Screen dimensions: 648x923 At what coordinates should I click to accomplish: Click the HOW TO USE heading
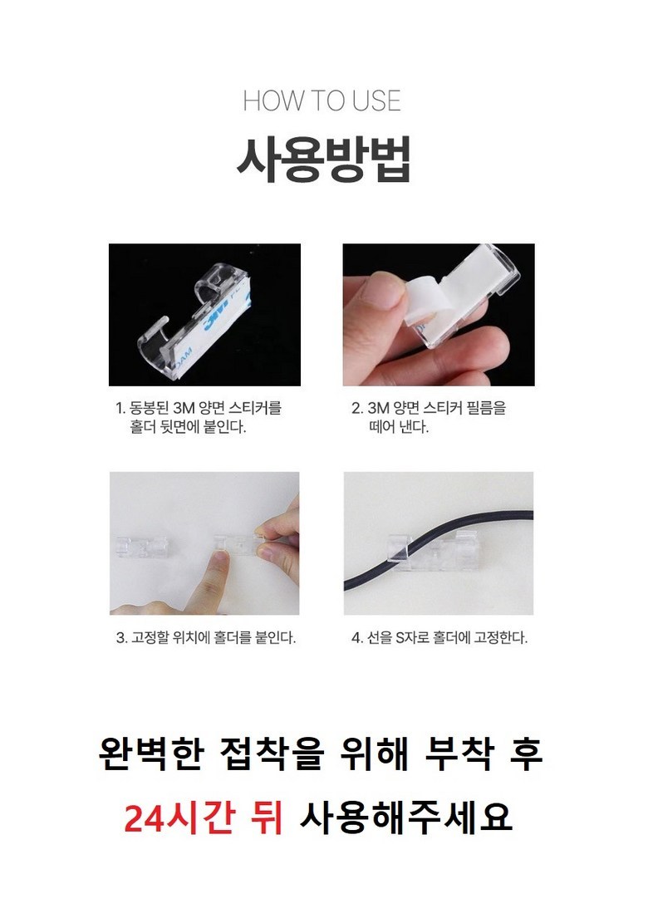322,101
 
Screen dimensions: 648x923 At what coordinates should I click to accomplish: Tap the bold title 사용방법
322,160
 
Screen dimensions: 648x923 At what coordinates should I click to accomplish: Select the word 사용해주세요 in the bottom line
406,817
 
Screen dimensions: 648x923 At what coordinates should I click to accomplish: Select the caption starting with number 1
199,417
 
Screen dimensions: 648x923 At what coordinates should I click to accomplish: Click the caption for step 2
429,417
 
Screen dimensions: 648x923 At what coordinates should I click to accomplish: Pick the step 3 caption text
205,637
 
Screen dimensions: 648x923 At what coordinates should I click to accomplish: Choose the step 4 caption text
439,637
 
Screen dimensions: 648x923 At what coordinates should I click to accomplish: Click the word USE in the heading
376,101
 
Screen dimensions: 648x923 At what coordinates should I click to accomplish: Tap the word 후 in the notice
525,754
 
